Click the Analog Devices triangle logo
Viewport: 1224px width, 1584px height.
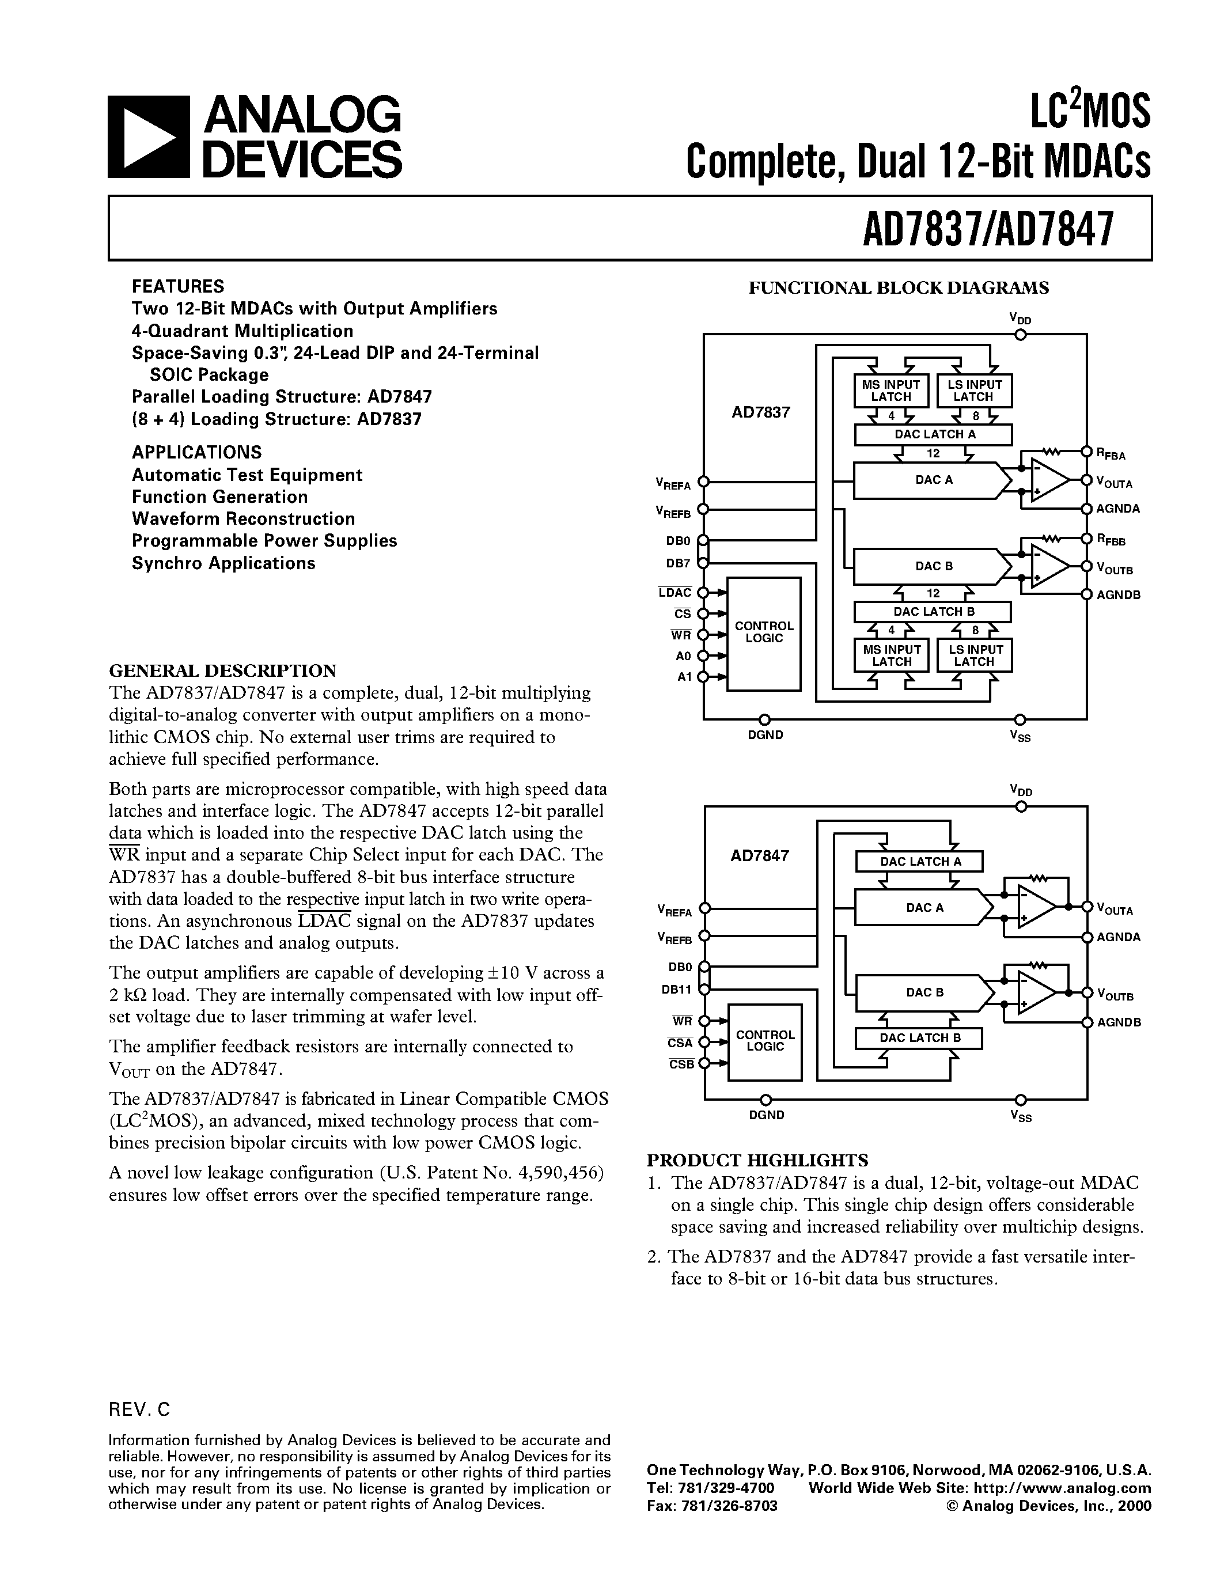coord(149,138)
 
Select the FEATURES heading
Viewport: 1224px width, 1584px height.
coord(177,286)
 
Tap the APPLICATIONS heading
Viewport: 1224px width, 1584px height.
coord(196,452)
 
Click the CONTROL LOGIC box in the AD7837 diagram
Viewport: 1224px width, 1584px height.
coord(764,632)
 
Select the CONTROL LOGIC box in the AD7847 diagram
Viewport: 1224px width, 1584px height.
coord(765,1041)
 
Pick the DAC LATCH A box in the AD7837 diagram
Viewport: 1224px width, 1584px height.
coord(933,434)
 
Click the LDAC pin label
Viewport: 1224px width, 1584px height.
coord(675,593)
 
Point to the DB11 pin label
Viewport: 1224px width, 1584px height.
coord(680,988)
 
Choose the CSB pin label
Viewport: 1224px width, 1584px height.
coord(681,1064)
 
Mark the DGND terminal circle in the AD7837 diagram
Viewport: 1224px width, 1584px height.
coord(764,719)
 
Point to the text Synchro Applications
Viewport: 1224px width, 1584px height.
coord(223,563)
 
